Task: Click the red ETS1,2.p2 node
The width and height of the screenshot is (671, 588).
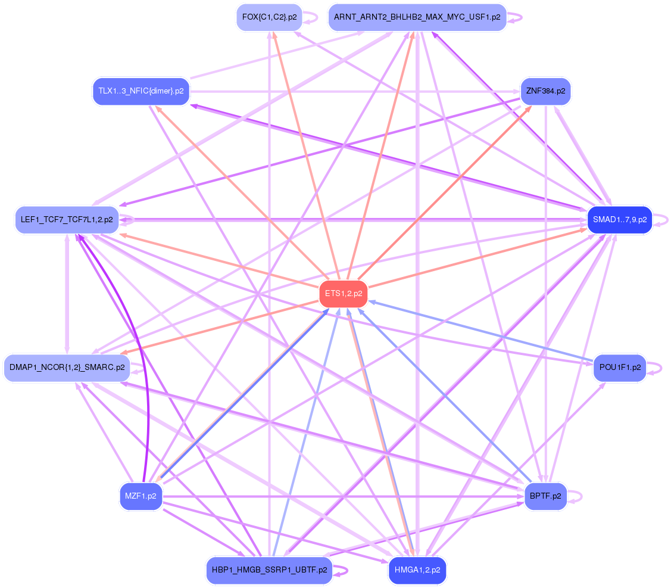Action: (344, 294)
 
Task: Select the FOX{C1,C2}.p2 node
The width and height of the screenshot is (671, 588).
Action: (270, 17)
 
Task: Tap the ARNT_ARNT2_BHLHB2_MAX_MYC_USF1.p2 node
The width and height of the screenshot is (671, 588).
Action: (417, 17)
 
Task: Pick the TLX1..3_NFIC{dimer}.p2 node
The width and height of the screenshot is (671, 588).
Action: (141, 91)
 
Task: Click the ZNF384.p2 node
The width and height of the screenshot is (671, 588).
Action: (545, 91)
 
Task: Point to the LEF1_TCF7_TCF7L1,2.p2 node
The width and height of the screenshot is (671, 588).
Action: (67, 220)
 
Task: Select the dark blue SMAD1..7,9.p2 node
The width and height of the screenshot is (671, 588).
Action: (620, 220)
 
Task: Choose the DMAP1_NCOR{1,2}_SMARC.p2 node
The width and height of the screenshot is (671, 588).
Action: (67, 368)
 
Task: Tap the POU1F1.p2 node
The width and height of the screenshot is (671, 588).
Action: (620, 368)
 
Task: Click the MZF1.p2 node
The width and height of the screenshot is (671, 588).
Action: (141, 496)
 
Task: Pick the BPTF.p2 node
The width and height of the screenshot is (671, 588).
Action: (545, 496)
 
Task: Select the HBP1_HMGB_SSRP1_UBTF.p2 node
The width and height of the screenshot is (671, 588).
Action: (269, 571)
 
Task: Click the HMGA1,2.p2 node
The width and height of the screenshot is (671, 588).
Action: (417, 571)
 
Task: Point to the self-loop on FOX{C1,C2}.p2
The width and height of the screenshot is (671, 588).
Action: (311, 17)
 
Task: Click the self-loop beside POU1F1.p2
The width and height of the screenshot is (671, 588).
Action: (654, 368)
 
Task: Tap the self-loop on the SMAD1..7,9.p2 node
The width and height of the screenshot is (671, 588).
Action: (661, 220)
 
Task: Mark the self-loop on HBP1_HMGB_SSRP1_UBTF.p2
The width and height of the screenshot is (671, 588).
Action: (341, 571)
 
